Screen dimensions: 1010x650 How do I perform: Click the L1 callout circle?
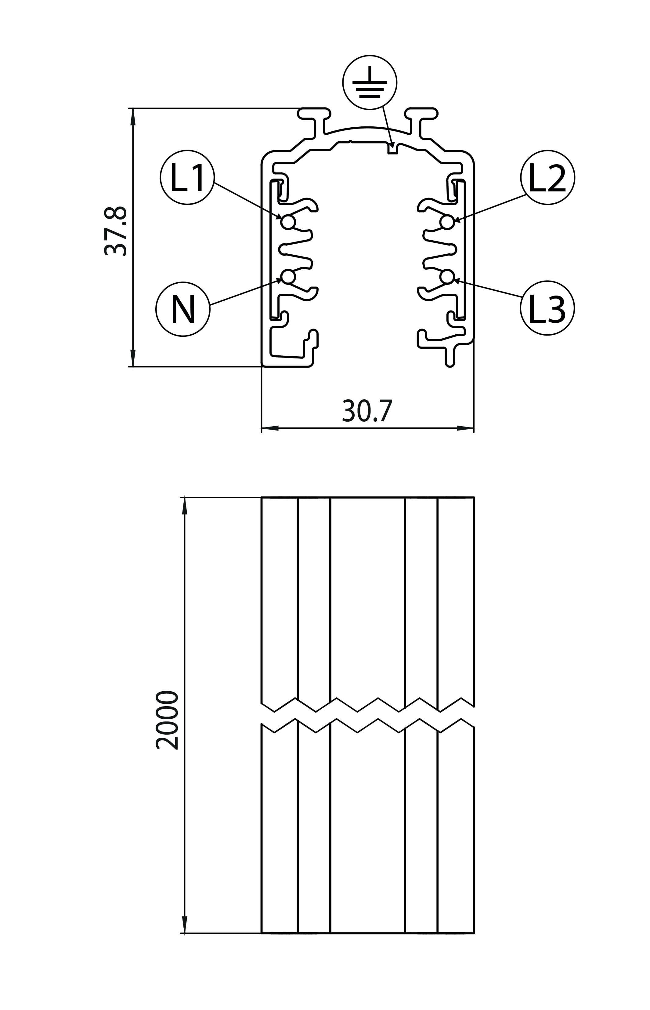coord(187,177)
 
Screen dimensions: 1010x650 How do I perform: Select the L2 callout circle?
coord(547,177)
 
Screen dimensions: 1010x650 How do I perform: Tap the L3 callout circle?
coord(547,308)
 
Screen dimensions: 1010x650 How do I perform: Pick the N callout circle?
coord(183,309)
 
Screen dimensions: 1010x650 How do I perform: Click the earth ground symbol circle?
coord(370,82)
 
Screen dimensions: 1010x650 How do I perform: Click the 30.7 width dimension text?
coord(367,411)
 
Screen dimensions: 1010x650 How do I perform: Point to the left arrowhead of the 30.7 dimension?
coord(269,428)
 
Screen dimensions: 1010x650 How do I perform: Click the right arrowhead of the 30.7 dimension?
coord(466,428)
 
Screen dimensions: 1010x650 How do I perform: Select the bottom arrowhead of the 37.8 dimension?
coord(133,358)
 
